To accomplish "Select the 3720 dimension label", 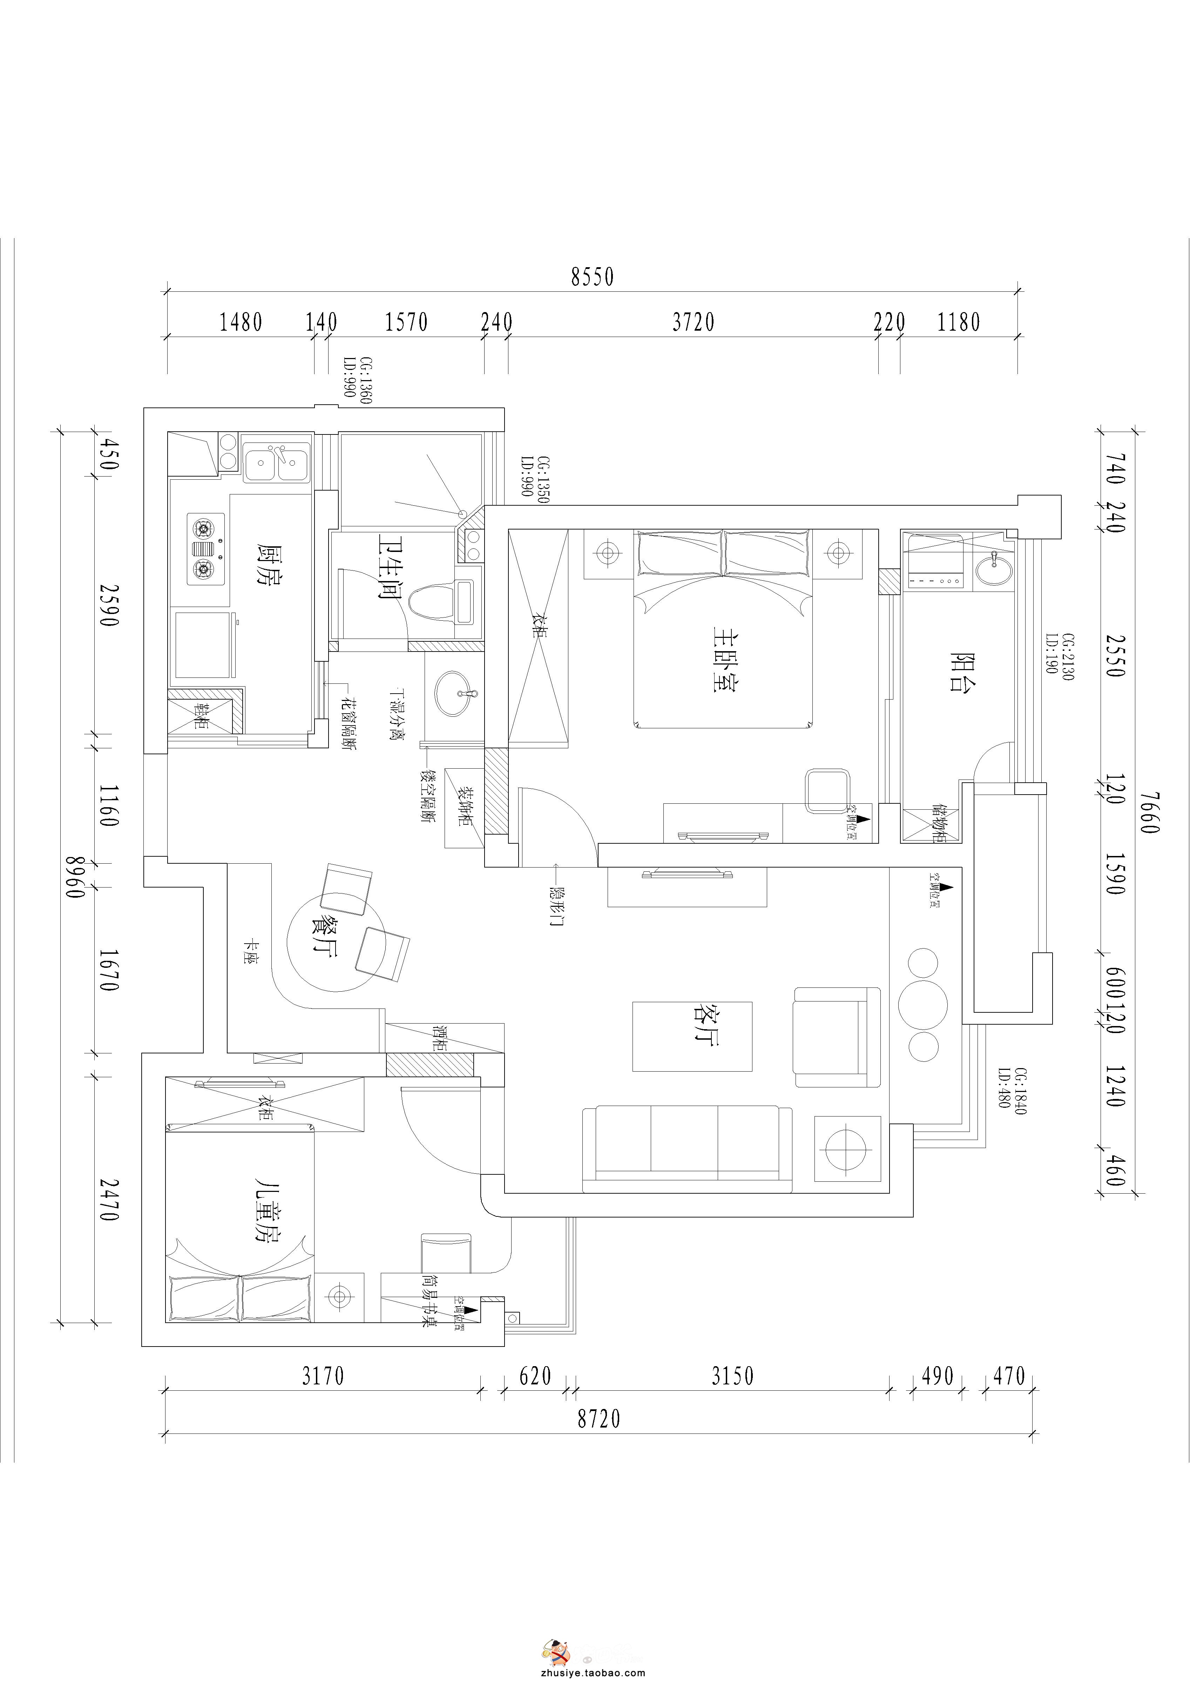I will pos(693,322).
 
